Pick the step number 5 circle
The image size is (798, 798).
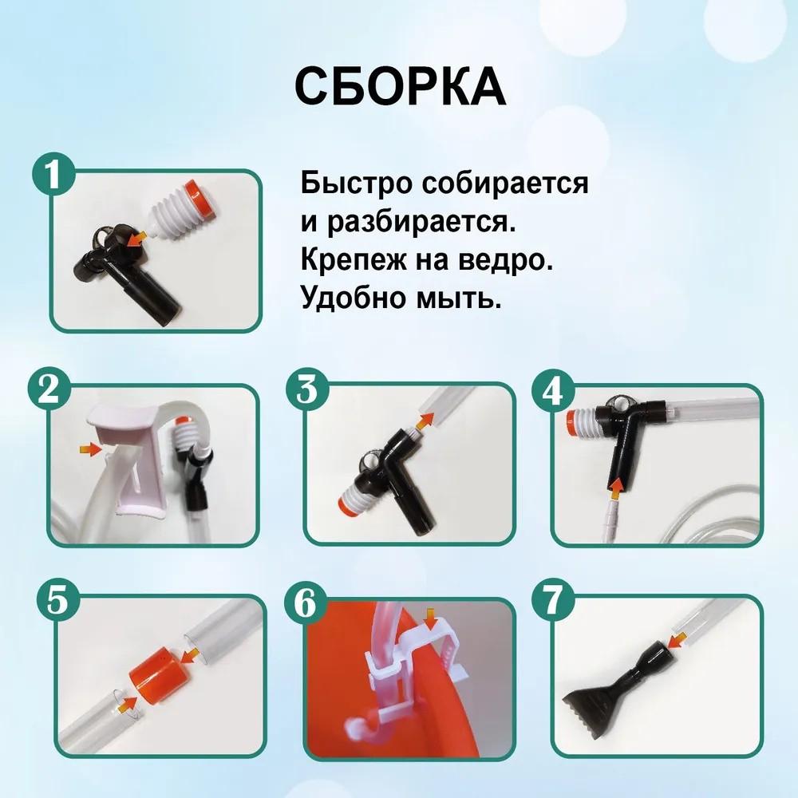coord(57,601)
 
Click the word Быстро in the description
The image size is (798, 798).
coord(348,184)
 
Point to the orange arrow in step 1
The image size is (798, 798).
coord(139,236)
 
